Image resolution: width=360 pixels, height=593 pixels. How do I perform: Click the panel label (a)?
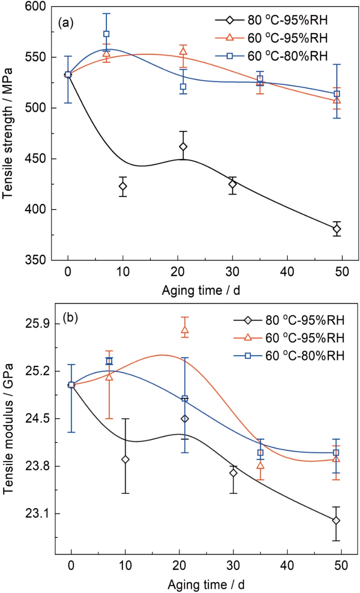point(66,22)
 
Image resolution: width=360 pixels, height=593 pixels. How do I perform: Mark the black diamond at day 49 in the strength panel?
point(336,229)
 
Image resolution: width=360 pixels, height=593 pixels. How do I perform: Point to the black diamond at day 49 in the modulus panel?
point(336,520)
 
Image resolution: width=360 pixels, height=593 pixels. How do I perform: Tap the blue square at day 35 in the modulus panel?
point(260,452)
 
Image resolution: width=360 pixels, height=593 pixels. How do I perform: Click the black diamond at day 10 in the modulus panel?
point(125,459)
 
